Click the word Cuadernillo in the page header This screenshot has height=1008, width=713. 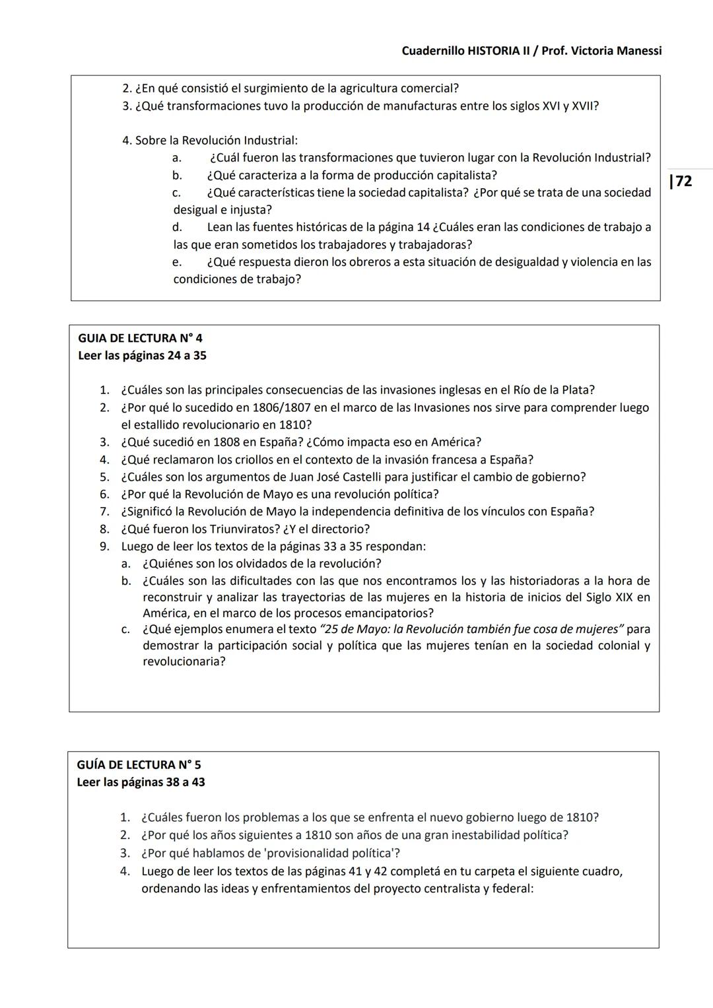(x=432, y=51)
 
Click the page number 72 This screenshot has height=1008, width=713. (x=683, y=181)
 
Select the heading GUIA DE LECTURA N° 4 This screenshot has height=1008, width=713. (x=140, y=338)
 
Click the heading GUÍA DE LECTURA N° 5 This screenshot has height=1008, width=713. (x=139, y=764)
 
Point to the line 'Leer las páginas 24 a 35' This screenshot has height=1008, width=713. (x=142, y=355)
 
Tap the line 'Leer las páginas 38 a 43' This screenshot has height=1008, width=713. (x=141, y=782)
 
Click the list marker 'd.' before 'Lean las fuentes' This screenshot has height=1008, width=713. (x=177, y=227)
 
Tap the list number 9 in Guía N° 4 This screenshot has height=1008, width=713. (x=104, y=546)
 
